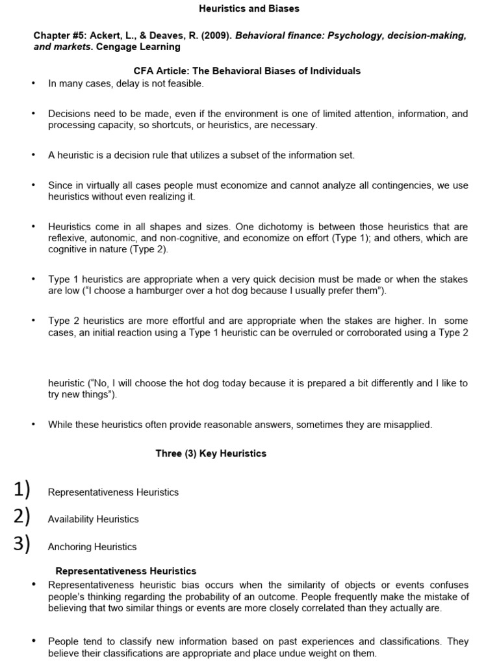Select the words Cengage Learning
(138, 47)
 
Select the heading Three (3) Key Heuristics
(211, 453)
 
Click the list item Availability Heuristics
(94, 519)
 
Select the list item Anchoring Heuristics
(92, 547)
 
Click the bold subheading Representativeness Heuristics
(126, 571)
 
